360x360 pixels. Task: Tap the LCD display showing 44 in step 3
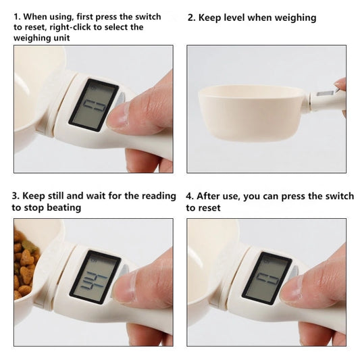[94, 278]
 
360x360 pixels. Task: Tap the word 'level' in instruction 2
[245, 18]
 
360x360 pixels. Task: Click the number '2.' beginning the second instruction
[191, 18]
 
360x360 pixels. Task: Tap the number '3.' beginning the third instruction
[15, 196]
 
